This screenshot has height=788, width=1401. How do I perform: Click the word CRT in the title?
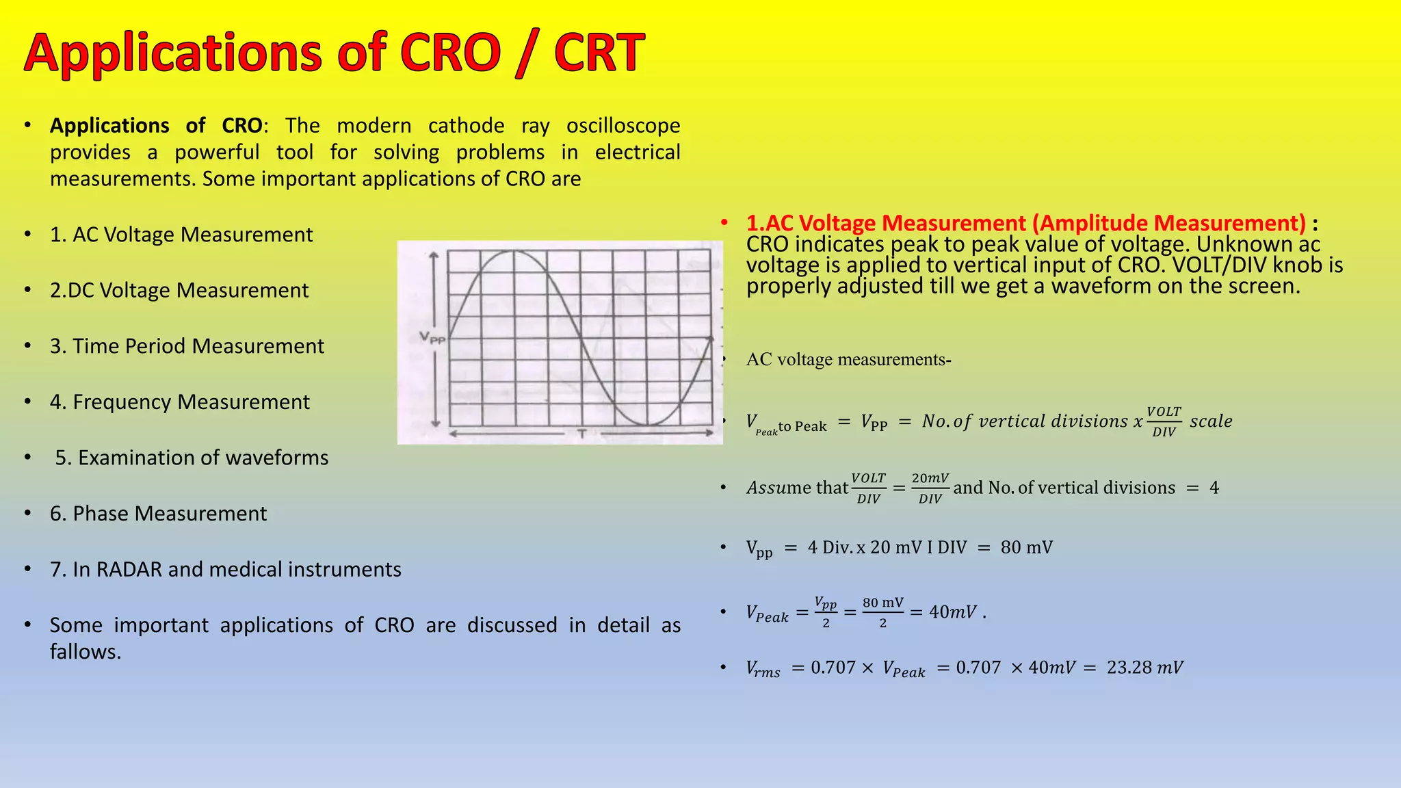(599, 53)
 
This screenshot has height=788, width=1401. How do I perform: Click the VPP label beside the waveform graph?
(432, 337)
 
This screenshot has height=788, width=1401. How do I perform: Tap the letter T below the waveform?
(581, 433)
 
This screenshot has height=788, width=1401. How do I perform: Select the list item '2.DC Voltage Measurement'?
(179, 290)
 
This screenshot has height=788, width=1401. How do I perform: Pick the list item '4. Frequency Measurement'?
(179, 402)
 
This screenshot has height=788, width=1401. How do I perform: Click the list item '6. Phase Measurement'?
(158, 513)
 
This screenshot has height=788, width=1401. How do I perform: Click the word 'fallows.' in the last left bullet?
(86, 651)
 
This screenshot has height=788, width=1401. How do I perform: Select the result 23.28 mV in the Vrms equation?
(1144, 667)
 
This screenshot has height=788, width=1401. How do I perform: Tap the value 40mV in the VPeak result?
(952, 612)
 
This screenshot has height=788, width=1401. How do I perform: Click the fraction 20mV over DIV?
(930, 488)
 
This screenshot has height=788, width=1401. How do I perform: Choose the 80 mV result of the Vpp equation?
(1026, 547)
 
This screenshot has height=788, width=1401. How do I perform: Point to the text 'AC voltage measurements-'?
(848, 359)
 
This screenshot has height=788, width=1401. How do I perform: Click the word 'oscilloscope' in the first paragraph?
(623, 125)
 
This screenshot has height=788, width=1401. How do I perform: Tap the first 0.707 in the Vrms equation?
(833, 667)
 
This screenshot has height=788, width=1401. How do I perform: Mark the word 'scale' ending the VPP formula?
(1211, 421)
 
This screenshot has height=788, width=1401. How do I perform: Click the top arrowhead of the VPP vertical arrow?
(434, 255)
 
